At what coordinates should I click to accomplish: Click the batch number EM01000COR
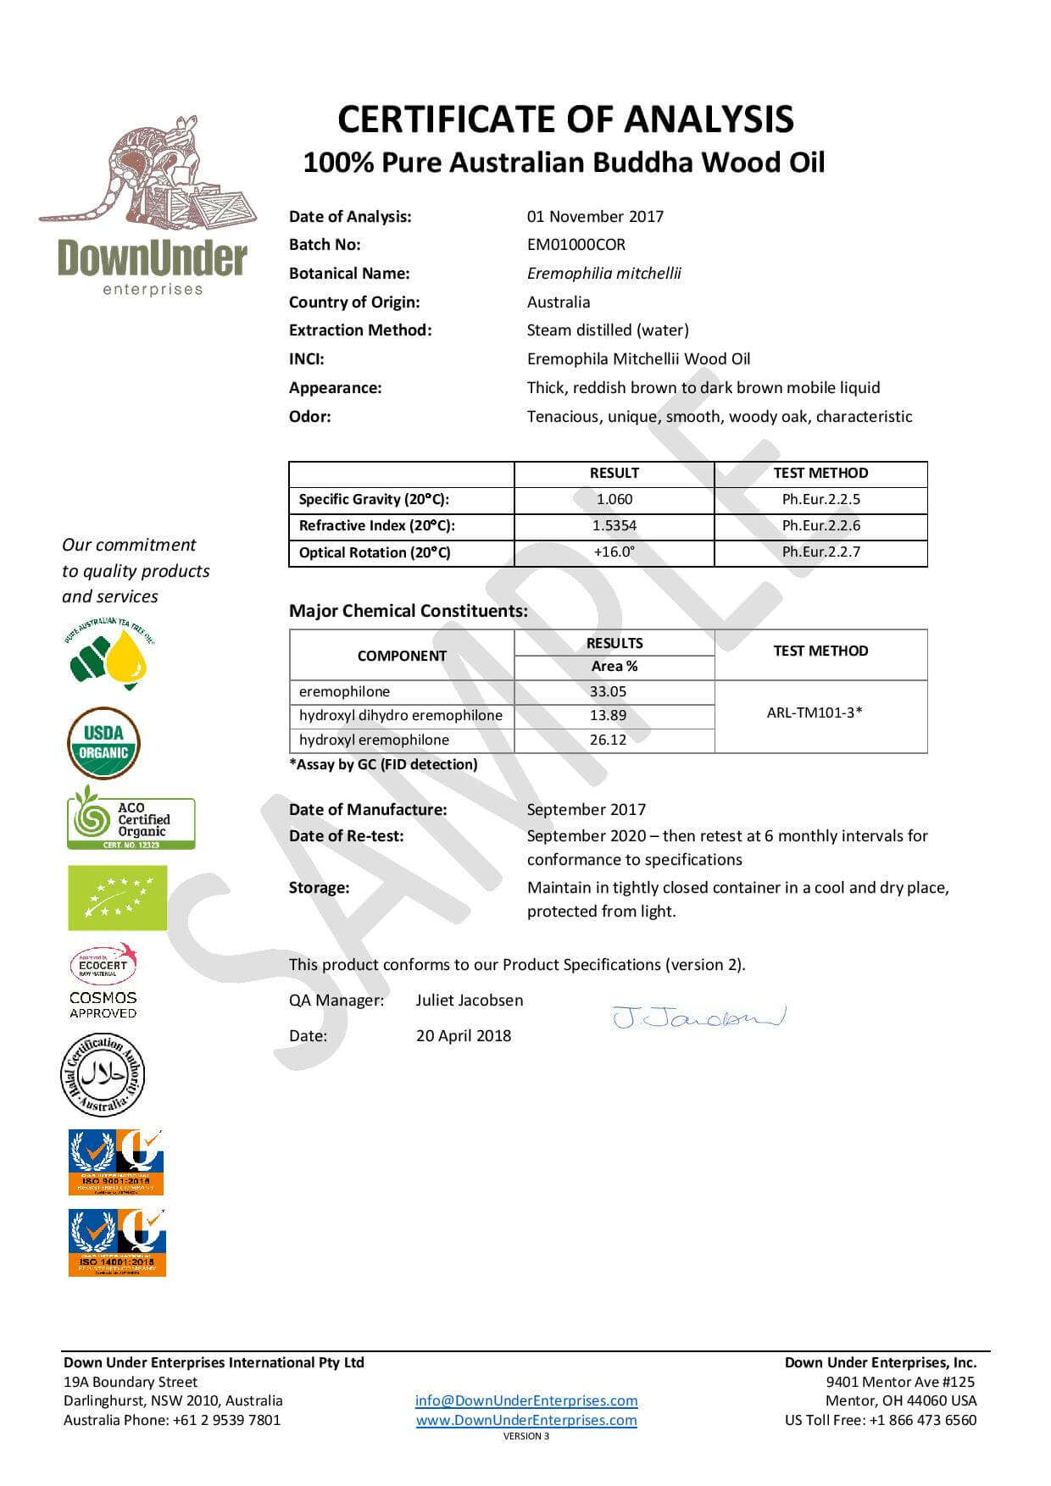576,245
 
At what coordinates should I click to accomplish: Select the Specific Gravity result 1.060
614,500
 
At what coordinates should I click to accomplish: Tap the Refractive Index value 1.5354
614,526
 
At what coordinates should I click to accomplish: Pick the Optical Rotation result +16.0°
614,552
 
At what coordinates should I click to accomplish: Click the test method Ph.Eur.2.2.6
820,526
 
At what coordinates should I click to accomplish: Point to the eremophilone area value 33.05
608,691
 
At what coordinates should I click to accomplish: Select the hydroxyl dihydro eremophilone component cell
401,716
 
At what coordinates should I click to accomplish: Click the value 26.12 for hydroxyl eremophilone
608,740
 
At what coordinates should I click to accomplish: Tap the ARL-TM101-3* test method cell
814,713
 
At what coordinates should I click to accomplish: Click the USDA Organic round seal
103,743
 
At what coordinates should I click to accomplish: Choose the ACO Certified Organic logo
131,819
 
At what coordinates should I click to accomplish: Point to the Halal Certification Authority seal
103,1075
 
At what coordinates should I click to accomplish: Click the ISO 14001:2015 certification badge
117,1242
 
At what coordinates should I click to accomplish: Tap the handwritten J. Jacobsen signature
698,1017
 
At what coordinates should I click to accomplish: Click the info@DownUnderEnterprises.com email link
526,1401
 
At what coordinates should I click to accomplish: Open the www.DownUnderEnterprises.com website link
526,1421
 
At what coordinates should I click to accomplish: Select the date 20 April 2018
464,1036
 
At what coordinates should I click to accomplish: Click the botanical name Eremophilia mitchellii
603,274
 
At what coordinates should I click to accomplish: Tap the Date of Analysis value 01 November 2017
595,217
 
